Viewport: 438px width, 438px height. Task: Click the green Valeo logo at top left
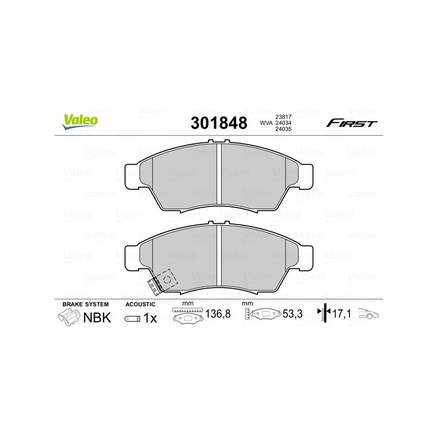point(80,122)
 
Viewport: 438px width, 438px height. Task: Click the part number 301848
point(218,123)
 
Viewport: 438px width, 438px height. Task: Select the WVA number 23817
point(283,116)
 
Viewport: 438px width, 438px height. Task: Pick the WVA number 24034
point(283,123)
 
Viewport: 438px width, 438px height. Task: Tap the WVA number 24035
point(283,130)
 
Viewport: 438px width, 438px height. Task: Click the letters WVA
point(266,123)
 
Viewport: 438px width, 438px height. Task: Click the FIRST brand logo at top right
point(351,123)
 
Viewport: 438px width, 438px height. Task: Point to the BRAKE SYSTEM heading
point(85,304)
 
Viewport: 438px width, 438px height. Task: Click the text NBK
point(97,318)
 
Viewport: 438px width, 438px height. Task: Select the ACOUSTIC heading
point(141,304)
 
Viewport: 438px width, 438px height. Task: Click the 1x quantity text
point(149,318)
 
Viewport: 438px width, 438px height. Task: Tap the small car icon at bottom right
point(368,315)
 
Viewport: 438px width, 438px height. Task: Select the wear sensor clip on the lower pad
point(160,281)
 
